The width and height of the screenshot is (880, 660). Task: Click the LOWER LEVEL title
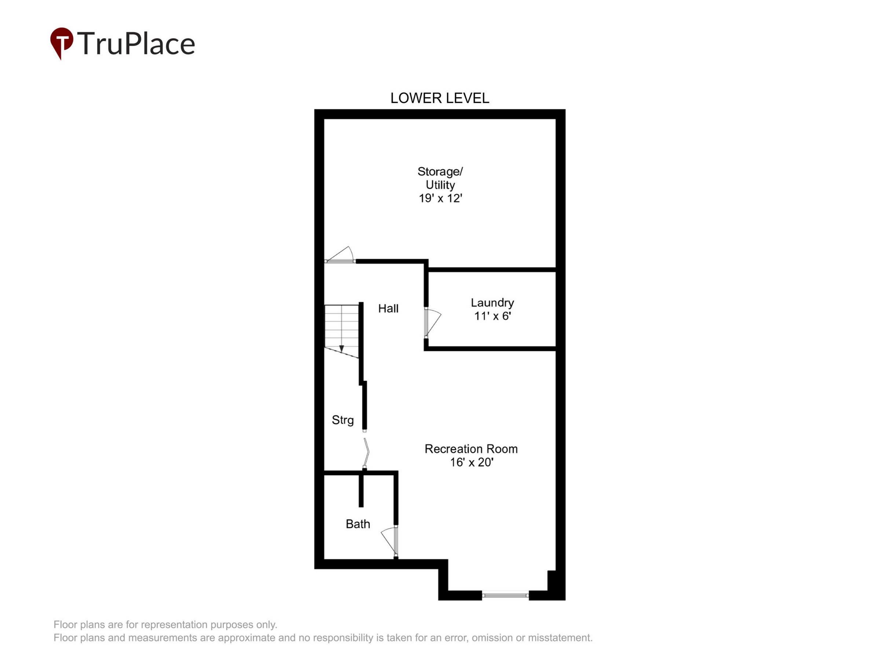coord(440,98)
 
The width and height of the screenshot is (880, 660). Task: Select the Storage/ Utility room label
coord(440,178)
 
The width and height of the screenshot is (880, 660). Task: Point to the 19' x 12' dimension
coord(440,198)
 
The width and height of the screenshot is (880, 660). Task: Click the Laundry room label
coord(492,303)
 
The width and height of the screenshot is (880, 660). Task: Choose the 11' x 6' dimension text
coord(492,316)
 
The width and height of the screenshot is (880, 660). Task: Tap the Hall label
coord(388,308)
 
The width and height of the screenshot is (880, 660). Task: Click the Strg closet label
coord(342,420)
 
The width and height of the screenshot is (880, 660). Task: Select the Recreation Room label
coord(471,449)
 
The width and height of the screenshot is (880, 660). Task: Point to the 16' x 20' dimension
coord(472,462)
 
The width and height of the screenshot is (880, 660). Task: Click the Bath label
coord(357,524)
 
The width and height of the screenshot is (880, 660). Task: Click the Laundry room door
coord(432,322)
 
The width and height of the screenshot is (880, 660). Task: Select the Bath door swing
coord(389,541)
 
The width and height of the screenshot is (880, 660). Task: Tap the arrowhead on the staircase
coord(341,348)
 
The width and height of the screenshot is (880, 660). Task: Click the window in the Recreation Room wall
coord(505,595)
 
